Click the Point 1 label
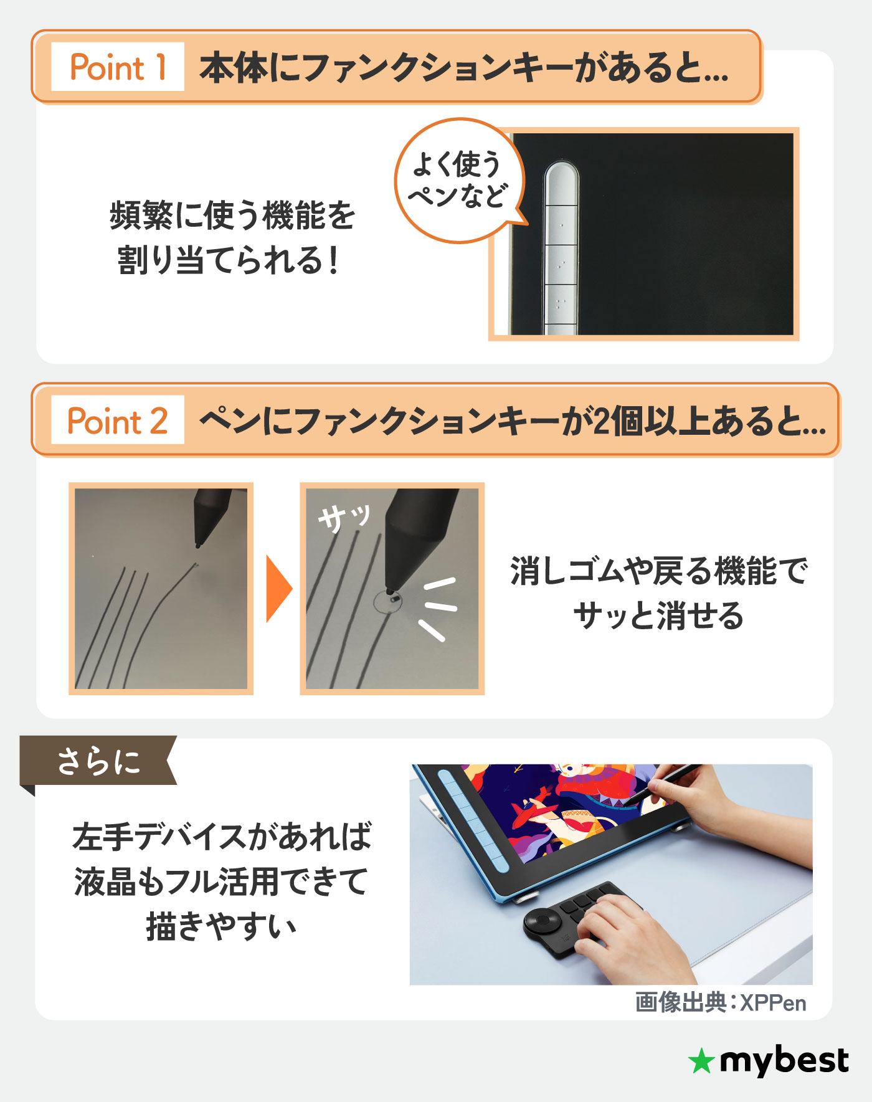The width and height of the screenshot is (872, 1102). (x=117, y=67)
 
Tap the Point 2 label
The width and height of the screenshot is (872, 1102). (x=117, y=420)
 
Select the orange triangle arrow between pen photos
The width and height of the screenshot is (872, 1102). (x=278, y=589)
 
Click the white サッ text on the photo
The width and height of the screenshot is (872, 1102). (x=343, y=516)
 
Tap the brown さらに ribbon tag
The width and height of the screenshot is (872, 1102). (x=98, y=761)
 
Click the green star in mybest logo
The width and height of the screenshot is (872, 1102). (x=701, y=1061)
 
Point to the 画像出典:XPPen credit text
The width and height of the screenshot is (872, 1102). (x=721, y=1002)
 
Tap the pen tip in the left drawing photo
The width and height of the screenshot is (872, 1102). (x=198, y=546)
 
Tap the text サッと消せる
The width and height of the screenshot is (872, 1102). (x=658, y=615)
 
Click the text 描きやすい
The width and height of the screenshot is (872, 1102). (x=221, y=926)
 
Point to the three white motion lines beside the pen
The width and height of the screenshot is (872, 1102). (x=438, y=607)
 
